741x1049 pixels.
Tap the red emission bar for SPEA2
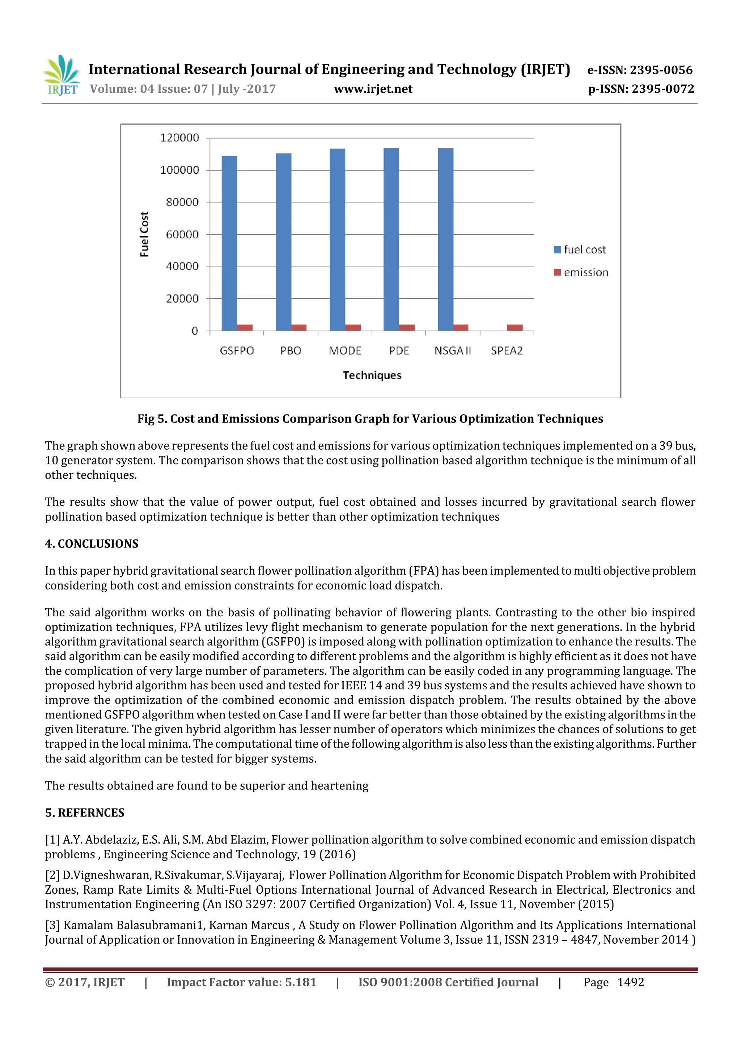(x=515, y=328)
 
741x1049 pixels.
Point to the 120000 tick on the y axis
(x=179, y=138)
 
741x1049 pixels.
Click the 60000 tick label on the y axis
(x=182, y=234)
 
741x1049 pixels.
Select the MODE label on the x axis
(x=345, y=351)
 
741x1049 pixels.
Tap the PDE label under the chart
(x=399, y=351)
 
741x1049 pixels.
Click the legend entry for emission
(x=581, y=272)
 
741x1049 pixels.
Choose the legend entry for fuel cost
(x=580, y=249)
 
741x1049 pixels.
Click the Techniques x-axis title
(x=372, y=375)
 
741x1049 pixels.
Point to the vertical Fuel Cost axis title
(x=144, y=234)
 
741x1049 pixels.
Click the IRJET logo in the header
(x=62, y=75)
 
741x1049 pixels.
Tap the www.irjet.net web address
(x=373, y=89)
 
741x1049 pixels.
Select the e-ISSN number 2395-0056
(x=661, y=70)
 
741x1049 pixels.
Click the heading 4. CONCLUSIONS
(x=92, y=544)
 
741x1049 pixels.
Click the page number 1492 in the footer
(x=631, y=982)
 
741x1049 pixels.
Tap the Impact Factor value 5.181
(x=300, y=982)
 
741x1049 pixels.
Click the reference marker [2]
(x=52, y=875)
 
